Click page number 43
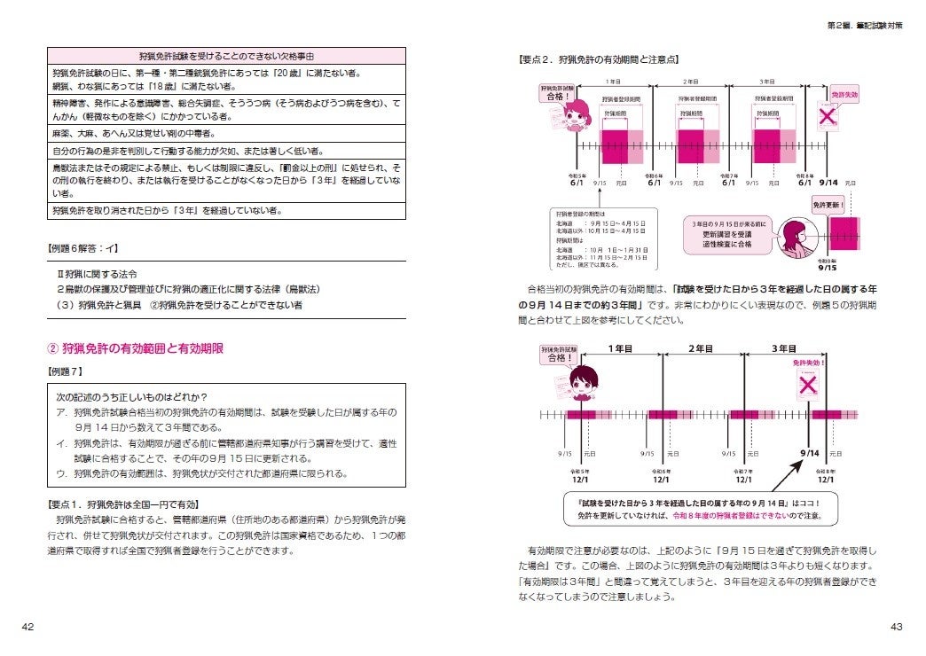pos(896,627)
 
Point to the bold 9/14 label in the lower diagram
pos(809,453)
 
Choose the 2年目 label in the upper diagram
pos(692,81)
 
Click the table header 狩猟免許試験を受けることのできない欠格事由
pos(227,55)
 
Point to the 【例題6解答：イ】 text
pos(82,250)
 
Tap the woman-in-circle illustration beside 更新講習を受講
pos(792,239)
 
